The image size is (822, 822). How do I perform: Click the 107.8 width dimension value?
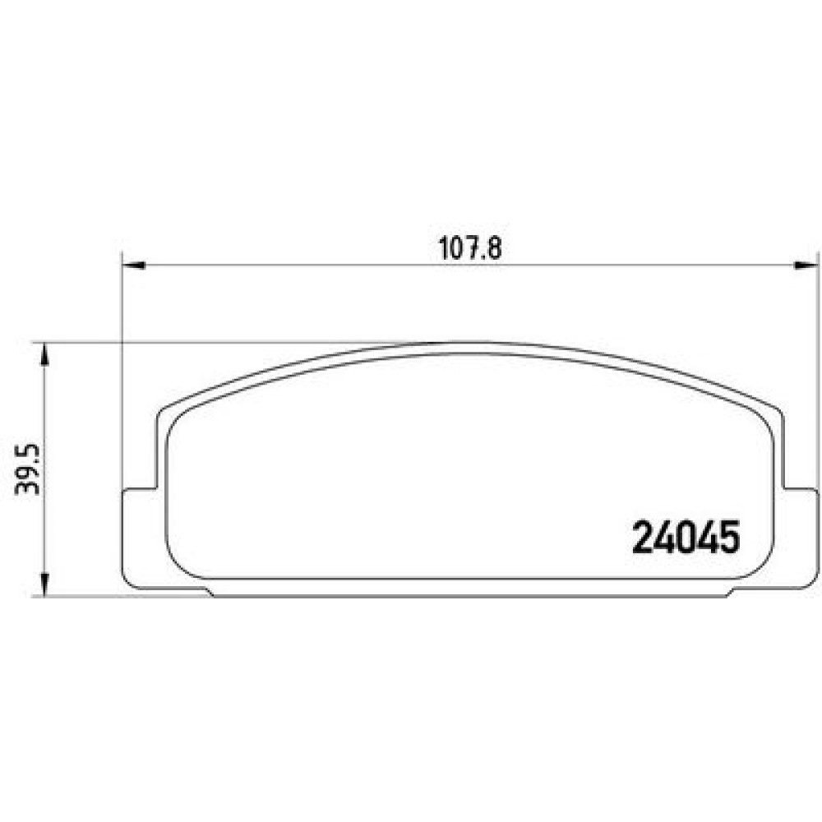click(x=469, y=248)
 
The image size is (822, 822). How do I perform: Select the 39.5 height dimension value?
click(x=27, y=469)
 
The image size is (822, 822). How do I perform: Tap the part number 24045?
click(x=686, y=538)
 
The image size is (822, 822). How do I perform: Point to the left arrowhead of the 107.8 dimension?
click(x=133, y=266)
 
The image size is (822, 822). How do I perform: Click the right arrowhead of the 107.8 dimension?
click(x=806, y=266)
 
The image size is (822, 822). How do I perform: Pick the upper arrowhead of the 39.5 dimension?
click(x=44, y=354)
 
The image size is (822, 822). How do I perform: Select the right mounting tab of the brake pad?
click(x=800, y=538)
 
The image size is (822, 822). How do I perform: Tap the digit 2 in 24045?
click(x=643, y=538)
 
